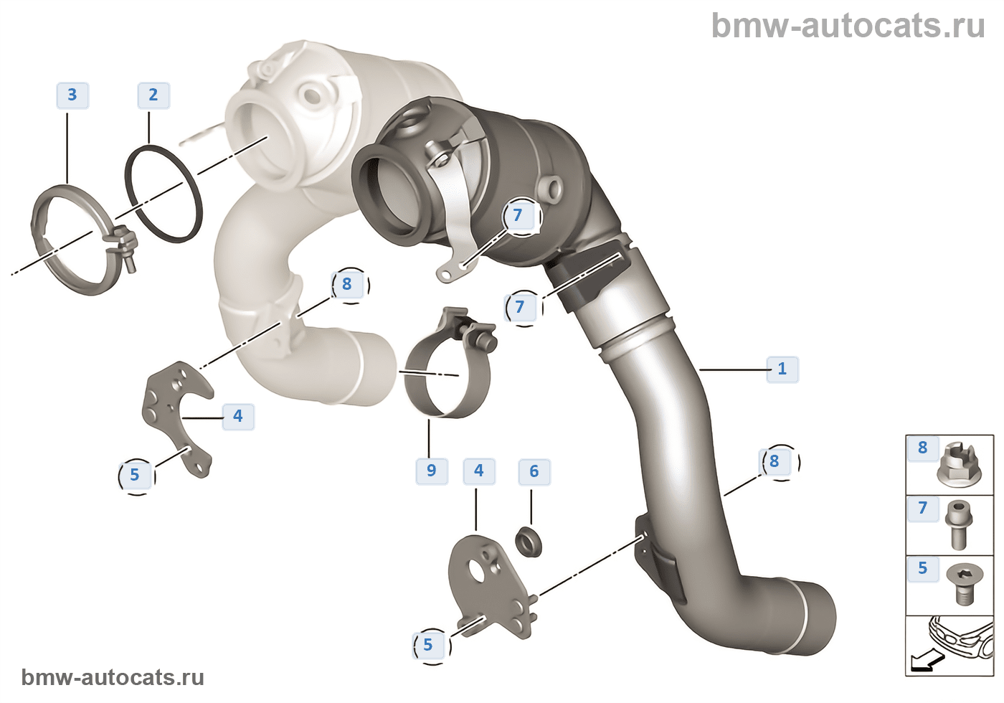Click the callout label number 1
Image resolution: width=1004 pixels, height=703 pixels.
[x=782, y=369]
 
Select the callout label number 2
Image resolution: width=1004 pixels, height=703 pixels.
[x=153, y=95]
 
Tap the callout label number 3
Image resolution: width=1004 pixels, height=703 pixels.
[x=72, y=95]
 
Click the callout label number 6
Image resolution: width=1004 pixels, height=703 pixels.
[x=534, y=471]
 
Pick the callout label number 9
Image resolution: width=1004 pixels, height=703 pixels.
[x=431, y=471]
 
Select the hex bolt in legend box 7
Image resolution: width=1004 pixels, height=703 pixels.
[x=959, y=524]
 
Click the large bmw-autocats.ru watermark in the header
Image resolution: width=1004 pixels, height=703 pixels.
[x=848, y=26]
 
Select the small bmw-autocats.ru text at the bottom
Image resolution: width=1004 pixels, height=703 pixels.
[x=113, y=677]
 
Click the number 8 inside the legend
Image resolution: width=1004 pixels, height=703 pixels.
[x=922, y=448]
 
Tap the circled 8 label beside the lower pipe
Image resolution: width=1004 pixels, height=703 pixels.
[x=775, y=461]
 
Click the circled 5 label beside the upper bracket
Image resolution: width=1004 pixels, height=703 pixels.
[x=135, y=475]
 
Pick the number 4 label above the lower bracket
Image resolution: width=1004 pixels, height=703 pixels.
[x=479, y=471]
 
